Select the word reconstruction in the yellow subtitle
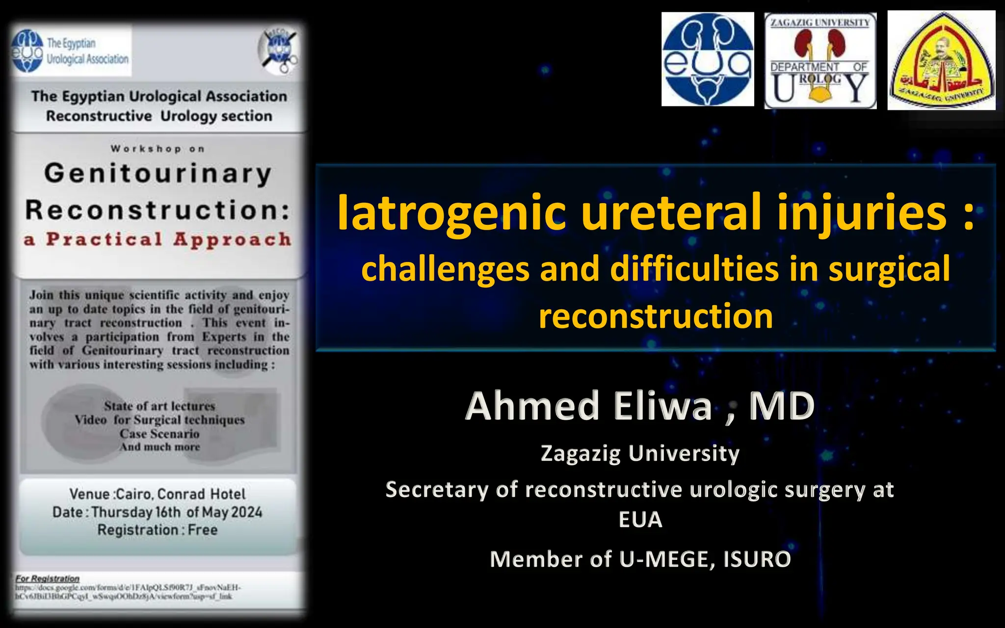click(x=656, y=316)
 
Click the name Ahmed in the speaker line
click(x=532, y=406)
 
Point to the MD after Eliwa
click(x=782, y=406)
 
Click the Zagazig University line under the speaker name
click(x=640, y=453)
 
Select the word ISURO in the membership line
click(x=757, y=559)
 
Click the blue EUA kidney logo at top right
click(x=707, y=59)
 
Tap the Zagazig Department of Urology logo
click(x=820, y=61)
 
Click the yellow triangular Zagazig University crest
click(x=941, y=61)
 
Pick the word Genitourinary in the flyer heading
click(x=158, y=174)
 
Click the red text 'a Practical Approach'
click(x=158, y=239)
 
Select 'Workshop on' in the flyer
click(x=158, y=149)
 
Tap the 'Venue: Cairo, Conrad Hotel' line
click(x=158, y=494)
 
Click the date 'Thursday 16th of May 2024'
click(x=177, y=512)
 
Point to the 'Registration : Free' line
click(x=158, y=530)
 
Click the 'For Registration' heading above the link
click(x=47, y=578)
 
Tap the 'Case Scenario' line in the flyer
click(x=159, y=434)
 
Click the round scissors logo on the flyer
click(x=279, y=51)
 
